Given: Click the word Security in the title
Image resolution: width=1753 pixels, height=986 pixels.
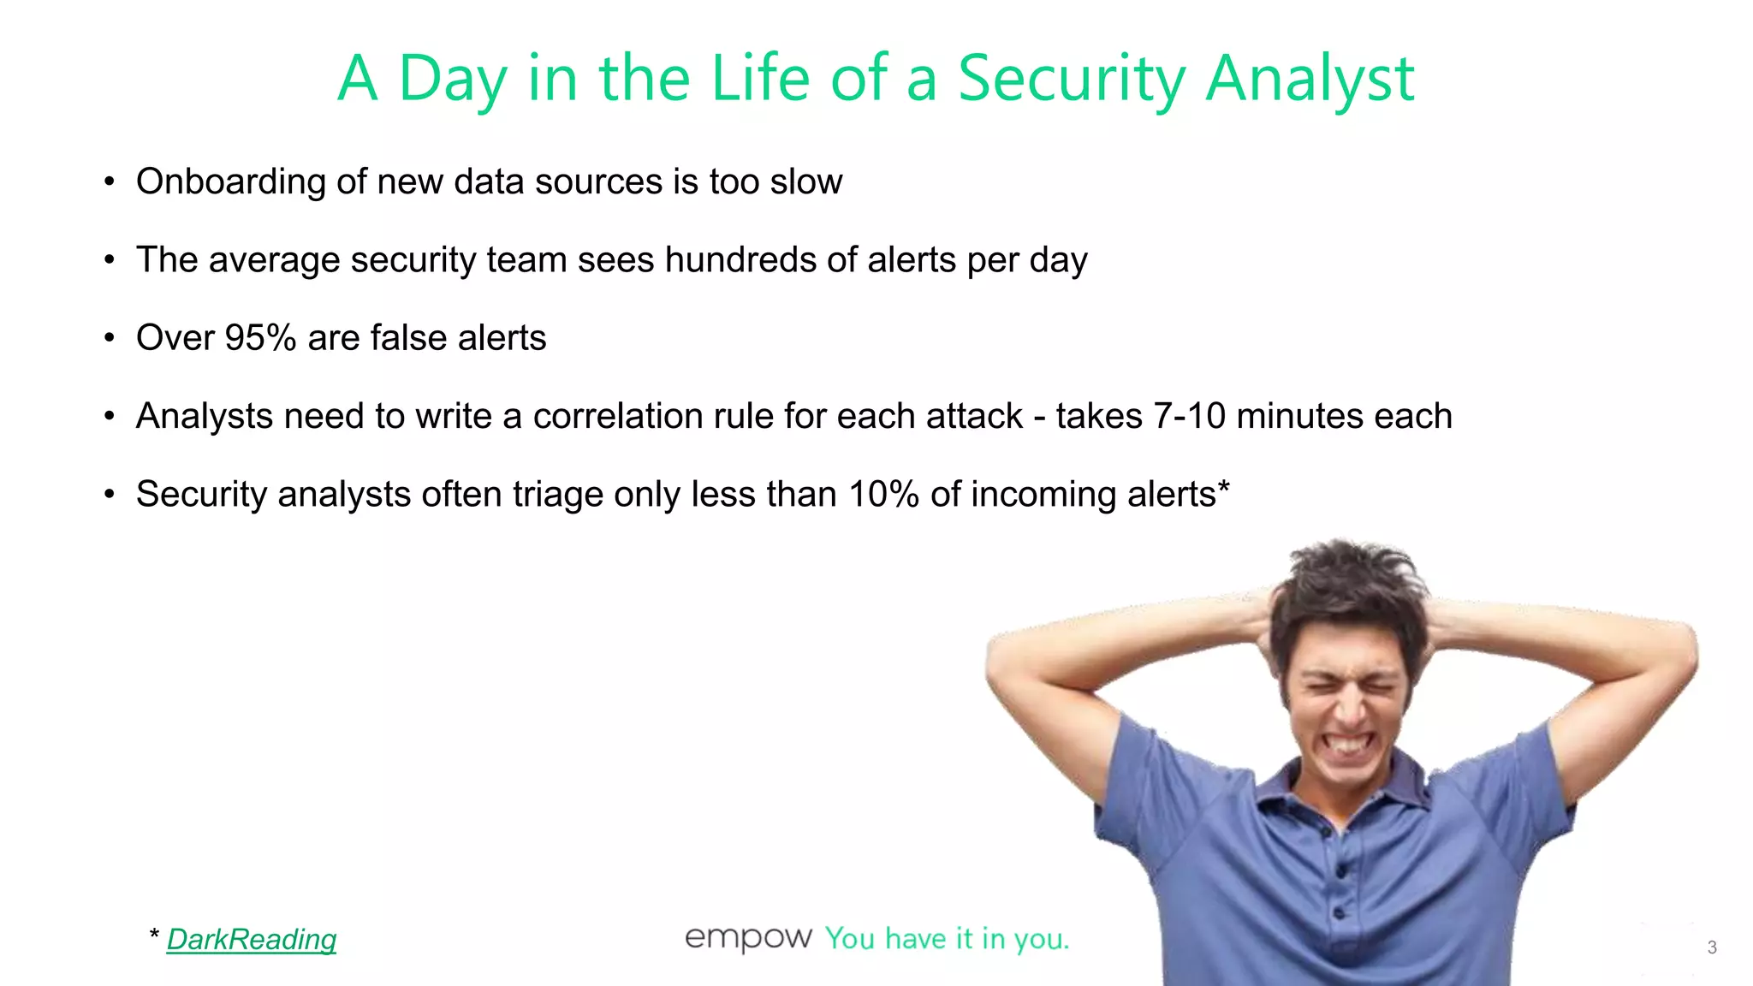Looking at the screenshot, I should tap(1070, 79).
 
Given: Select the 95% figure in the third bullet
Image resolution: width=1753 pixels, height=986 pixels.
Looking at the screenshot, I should tap(260, 338).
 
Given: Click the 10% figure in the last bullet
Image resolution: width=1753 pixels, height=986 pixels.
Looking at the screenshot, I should tap(884, 495).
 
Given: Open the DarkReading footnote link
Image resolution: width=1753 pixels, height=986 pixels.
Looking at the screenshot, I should tap(252, 940).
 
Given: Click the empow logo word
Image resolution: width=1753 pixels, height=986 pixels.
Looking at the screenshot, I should tap(748, 938).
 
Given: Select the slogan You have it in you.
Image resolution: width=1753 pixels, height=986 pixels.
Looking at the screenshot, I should tap(947, 939).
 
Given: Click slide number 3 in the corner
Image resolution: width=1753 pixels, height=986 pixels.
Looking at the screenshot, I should tap(1712, 947).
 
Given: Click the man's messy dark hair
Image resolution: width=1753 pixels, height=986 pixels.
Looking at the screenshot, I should tap(1344, 591).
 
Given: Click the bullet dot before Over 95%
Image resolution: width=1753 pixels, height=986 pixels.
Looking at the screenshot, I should tap(109, 338).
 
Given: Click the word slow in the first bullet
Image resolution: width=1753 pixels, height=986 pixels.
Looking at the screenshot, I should tap(805, 182).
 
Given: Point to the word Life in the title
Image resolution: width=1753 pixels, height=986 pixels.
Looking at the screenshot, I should tap(760, 79).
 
